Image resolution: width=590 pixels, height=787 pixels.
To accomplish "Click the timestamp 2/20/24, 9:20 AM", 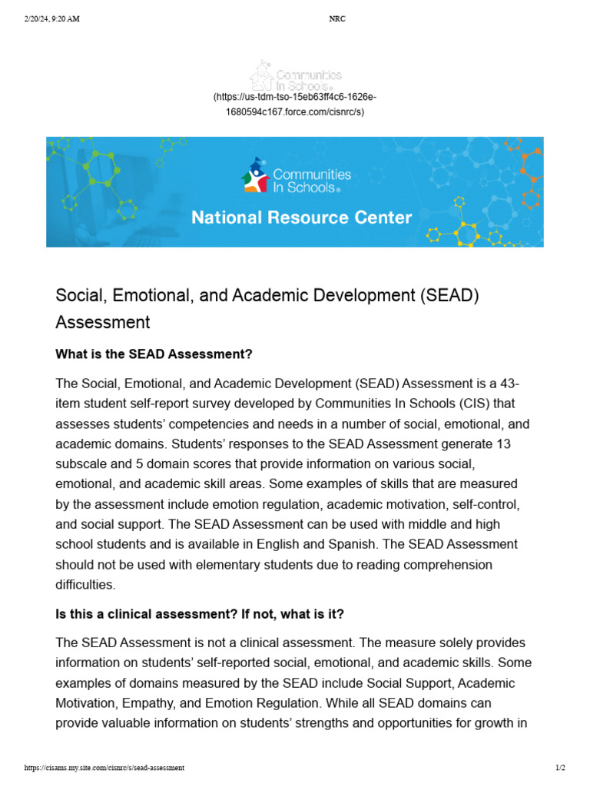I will [52, 19].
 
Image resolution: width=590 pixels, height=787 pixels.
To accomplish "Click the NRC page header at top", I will [336, 19].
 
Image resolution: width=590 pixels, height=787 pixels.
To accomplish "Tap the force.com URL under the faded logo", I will [294, 105].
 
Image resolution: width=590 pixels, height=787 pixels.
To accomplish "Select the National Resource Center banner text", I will [301, 218].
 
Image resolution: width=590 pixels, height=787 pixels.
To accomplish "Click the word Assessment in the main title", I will [102, 321].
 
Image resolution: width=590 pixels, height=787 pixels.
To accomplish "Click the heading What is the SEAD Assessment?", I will [154, 354].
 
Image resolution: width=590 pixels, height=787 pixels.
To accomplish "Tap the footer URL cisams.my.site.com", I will [104, 768].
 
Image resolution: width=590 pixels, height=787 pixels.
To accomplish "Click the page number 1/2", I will [560, 768].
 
